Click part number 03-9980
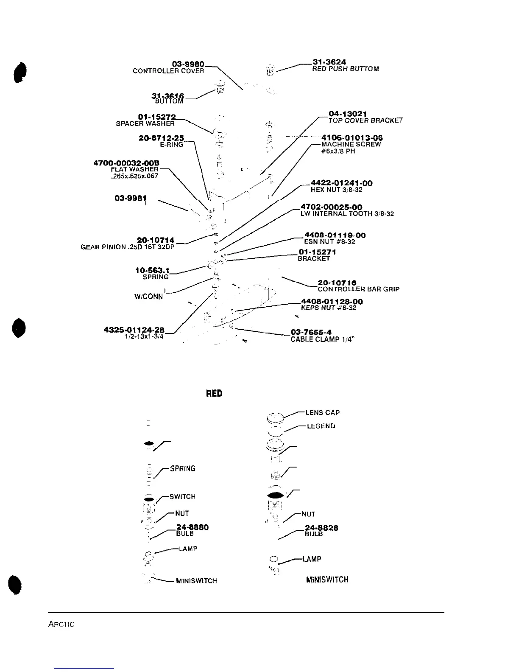point(188,64)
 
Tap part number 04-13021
point(348,114)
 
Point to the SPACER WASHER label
point(145,124)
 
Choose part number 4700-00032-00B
point(126,163)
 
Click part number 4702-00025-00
point(331,207)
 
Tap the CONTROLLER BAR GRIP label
point(358,289)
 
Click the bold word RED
point(214,394)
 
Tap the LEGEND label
point(321,426)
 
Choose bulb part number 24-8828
point(321,528)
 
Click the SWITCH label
point(182,496)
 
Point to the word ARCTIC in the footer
point(61,624)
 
